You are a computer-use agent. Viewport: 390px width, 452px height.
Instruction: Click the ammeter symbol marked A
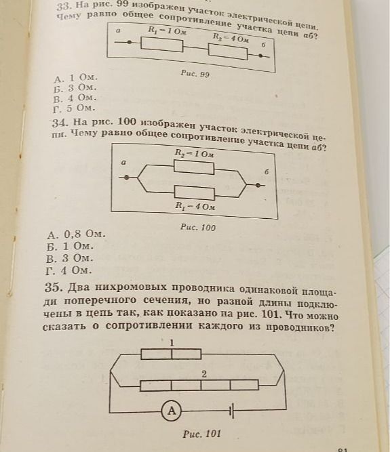click(x=172, y=410)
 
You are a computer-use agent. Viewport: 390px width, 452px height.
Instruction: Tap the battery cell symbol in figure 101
click(x=231, y=411)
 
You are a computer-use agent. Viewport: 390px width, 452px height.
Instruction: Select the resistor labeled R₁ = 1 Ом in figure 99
click(x=162, y=45)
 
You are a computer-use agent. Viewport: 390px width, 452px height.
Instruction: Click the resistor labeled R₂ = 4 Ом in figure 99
click(x=228, y=52)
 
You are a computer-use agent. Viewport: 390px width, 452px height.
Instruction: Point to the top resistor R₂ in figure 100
click(x=194, y=167)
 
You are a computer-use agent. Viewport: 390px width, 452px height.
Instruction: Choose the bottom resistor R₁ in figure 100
click(x=195, y=193)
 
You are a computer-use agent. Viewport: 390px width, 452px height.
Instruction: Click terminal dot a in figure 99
click(x=130, y=42)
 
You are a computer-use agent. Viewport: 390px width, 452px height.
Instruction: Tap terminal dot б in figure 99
click(x=260, y=56)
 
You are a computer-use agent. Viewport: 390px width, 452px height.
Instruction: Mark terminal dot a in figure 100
click(x=126, y=178)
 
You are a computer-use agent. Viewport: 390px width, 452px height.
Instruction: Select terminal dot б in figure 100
click(x=258, y=185)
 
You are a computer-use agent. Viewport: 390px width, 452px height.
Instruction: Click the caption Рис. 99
click(x=195, y=74)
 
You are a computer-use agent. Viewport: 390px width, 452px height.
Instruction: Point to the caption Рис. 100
click(x=198, y=227)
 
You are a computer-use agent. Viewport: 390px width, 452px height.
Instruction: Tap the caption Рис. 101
click(x=201, y=433)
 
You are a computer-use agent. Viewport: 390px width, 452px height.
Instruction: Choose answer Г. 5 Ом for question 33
click(x=74, y=108)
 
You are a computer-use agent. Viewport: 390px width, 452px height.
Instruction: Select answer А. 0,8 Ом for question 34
click(x=76, y=234)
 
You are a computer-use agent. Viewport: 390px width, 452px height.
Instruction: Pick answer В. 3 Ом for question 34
click(x=69, y=258)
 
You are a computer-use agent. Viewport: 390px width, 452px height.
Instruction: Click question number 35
click(x=52, y=287)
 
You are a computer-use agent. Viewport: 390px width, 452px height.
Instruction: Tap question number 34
click(x=60, y=123)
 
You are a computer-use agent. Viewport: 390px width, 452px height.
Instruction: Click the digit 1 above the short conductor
click(x=172, y=343)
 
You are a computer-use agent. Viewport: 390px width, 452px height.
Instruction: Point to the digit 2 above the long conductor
click(x=204, y=374)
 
